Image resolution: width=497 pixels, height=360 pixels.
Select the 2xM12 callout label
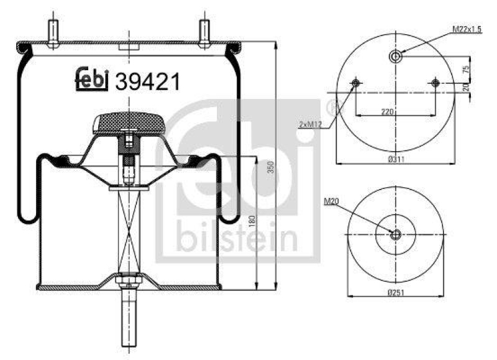coord(311,125)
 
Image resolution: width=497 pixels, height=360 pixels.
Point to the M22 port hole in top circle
coord(395,57)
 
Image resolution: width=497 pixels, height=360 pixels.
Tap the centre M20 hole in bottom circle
coord(395,233)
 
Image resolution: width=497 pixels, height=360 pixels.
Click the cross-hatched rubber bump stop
coord(129,123)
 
